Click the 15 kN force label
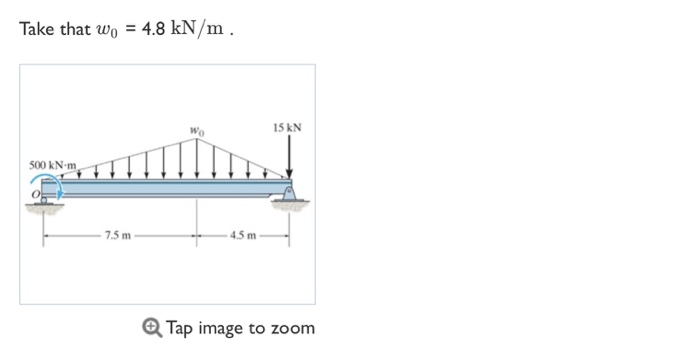(288, 128)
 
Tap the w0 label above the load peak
(197, 131)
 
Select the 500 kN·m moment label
(53, 165)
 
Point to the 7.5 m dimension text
(118, 235)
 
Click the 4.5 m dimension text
(243, 235)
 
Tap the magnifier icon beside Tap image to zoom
(152, 328)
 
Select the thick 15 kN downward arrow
(289, 156)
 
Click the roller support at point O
(44, 201)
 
